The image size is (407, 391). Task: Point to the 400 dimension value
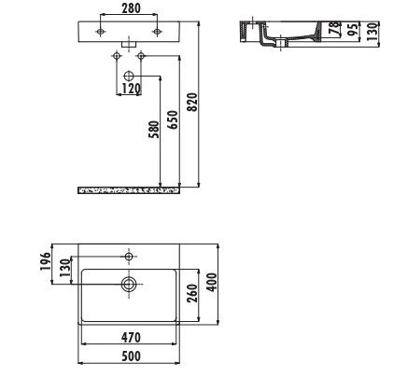tap(214, 283)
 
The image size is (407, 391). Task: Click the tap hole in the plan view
tap(129, 254)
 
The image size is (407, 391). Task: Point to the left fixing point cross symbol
tap(116, 57)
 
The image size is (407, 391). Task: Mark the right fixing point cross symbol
tap(141, 57)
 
